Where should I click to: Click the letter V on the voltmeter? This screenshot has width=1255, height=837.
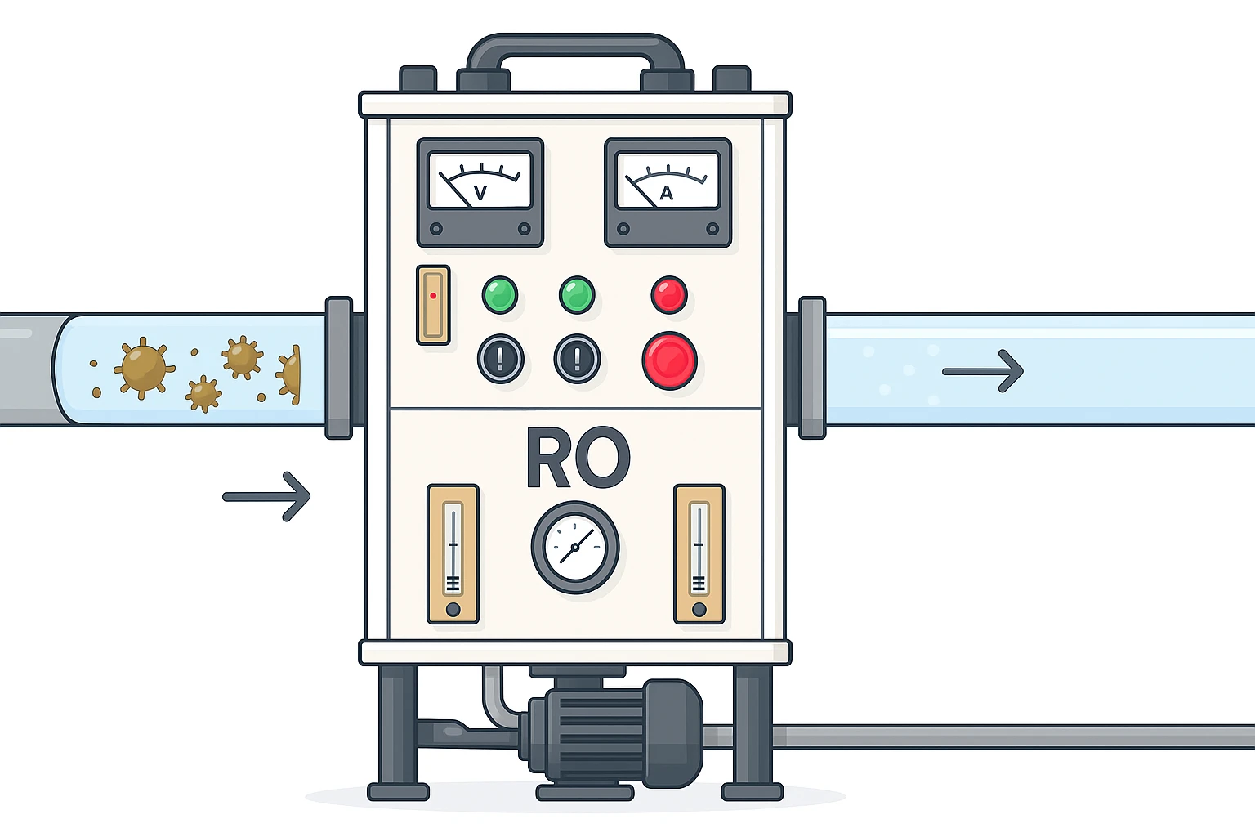[x=480, y=193]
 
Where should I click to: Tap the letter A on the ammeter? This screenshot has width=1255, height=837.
[x=667, y=193]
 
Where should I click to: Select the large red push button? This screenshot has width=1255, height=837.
[x=669, y=360]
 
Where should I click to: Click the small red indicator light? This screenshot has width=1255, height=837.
[x=669, y=295]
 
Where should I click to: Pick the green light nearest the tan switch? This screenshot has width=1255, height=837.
[x=500, y=295]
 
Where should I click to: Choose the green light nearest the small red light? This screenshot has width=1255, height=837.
[x=577, y=295]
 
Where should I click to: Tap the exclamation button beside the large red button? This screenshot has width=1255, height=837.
[x=578, y=359]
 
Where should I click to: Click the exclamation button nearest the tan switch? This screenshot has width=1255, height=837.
[x=501, y=359]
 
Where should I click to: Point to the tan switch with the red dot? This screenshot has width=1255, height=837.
[x=433, y=305]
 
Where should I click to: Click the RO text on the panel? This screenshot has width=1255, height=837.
[x=578, y=458]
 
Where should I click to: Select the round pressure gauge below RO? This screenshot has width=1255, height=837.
[x=575, y=547]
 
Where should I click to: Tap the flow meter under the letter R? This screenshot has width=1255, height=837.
[x=453, y=554]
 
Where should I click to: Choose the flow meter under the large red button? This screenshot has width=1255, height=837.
[x=699, y=554]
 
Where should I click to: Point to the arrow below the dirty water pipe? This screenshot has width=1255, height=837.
[x=267, y=496]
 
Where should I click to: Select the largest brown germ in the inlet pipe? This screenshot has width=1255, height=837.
[x=144, y=368]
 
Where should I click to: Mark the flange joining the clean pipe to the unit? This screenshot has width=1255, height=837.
[x=811, y=368]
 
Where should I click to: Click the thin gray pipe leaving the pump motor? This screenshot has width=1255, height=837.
[x=980, y=736]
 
